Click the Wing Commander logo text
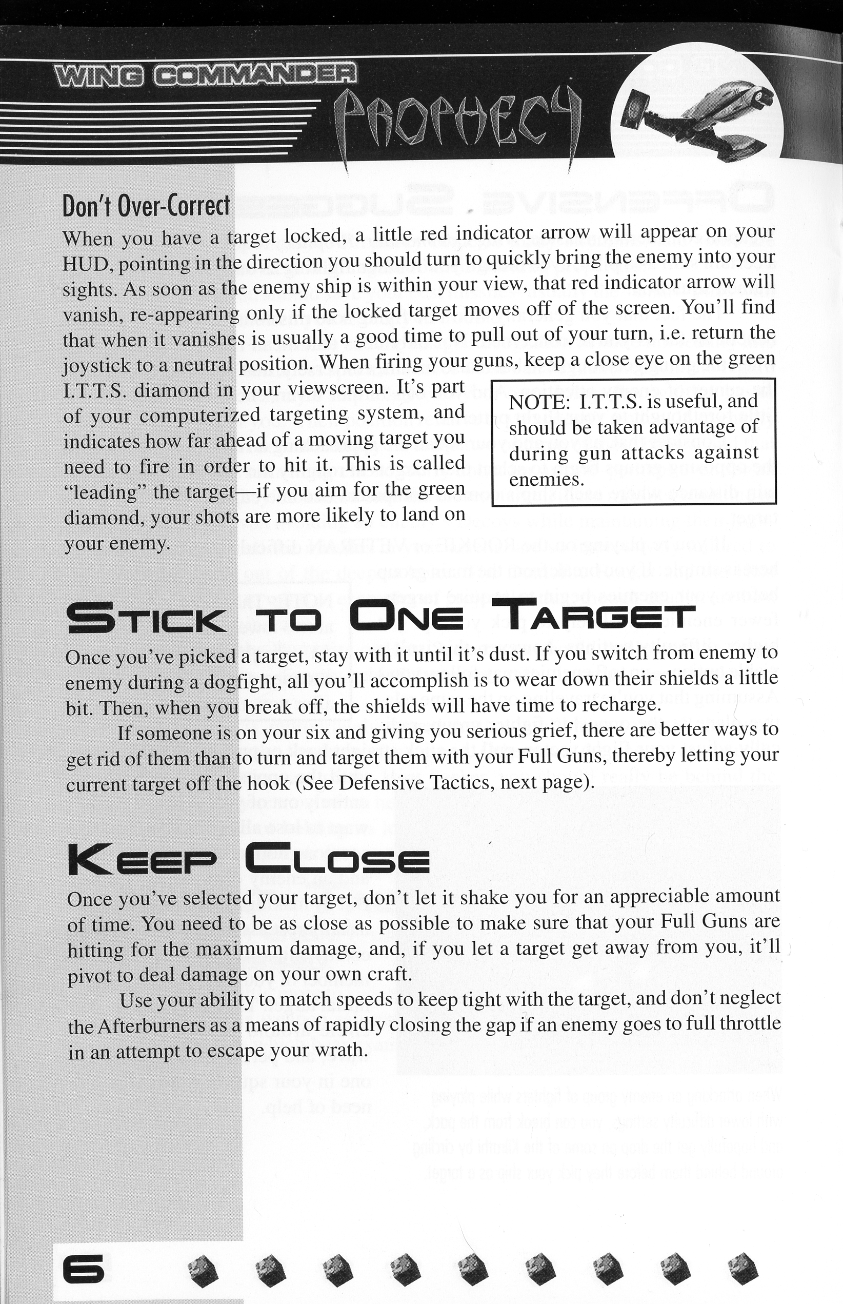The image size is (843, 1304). [x=205, y=75]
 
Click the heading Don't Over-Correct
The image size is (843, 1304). [x=146, y=206]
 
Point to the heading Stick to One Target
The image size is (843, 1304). [x=380, y=617]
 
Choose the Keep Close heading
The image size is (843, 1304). [x=248, y=859]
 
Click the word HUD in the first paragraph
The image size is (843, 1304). [x=87, y=264]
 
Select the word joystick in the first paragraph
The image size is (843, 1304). [x=97, y=365]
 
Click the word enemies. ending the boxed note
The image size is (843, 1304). [x=546, y=480]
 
